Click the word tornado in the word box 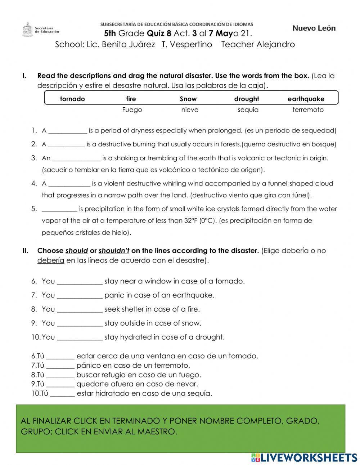click(x=72, y=99)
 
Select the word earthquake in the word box click(x=306, y=99)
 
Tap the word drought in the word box click(x=246, y=99)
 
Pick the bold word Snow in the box click(x=188, y=99)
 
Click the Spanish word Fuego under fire click(x=132, y=110)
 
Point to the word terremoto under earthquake click(x=308, y=110)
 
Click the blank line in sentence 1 click(x=68, y=131)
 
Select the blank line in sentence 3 click(x=76, y=158)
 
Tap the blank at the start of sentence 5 click(x=59, y=209)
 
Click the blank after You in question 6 click(x=80, y=282)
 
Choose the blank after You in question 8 click(x=80, y=309)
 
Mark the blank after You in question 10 click(x=80, y=337)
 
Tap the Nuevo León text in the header click(x=314, y=28)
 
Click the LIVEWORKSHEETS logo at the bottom click(x=304, y=457)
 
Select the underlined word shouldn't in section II click(x=114, y=251)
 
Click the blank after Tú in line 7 click(x=60, y=366)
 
